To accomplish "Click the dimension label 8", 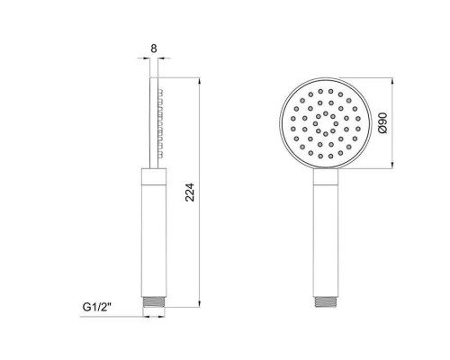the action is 154,49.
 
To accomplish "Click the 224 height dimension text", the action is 190,193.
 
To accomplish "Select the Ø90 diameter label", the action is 383,123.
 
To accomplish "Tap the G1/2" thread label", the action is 97,307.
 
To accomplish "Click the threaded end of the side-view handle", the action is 154,302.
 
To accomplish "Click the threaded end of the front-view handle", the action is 326,301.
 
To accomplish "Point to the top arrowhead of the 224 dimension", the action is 200,81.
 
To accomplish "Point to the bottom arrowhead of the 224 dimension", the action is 200,303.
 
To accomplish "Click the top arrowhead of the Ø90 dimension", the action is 393,81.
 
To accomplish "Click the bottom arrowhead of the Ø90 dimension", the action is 393,165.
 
